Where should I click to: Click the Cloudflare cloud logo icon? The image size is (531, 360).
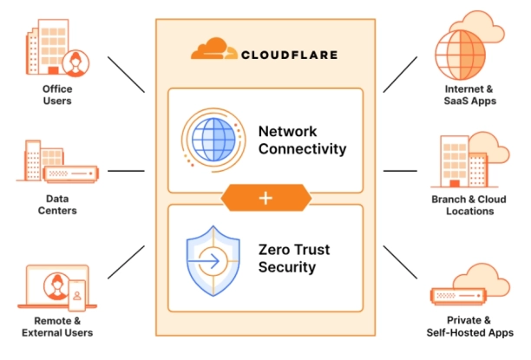click(x=212, y=50)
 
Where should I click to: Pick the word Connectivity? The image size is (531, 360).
click(x=302, y=149)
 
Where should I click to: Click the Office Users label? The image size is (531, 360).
click(x=57, y=95)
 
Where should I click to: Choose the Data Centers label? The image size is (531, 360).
click(x=57, y=205)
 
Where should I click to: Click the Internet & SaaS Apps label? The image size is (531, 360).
click(x=469, y=95)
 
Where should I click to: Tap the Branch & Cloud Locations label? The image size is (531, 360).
click(x=469, y=205)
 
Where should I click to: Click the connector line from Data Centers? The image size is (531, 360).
click(x=127, y=171)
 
